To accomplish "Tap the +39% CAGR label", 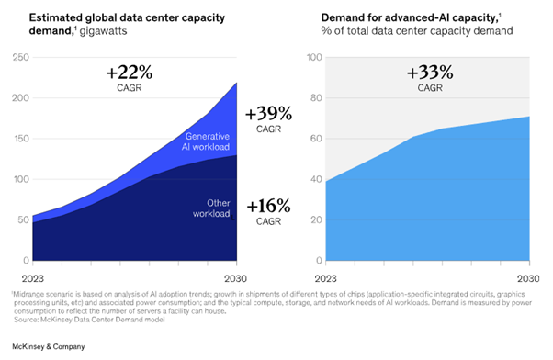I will tap(269, 119).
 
